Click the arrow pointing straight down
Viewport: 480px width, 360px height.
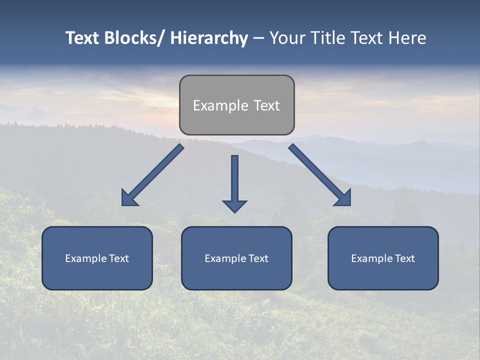coord(234,182)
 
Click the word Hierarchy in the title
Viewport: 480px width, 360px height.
coord(209,38)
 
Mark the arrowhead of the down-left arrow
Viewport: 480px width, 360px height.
coord(128,199)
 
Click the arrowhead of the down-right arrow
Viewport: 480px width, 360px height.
coord(344,199)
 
